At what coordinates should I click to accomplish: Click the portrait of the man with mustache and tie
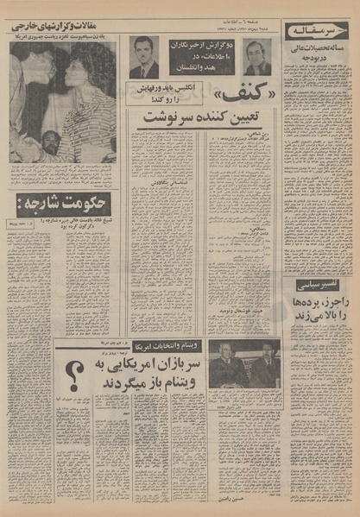pos(144,56)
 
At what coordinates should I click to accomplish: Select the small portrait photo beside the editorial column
pos(257,57)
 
